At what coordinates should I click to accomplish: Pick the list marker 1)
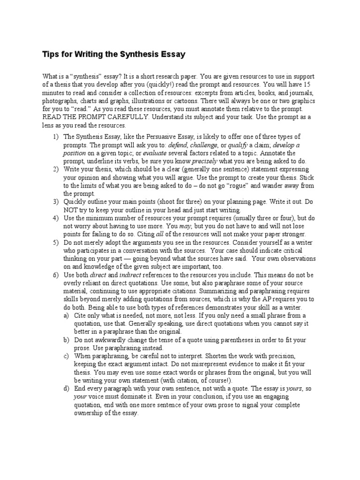[x=57, y=136]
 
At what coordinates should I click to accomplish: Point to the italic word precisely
[x=205, y=161]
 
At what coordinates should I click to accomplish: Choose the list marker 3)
[x=57, y=202]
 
